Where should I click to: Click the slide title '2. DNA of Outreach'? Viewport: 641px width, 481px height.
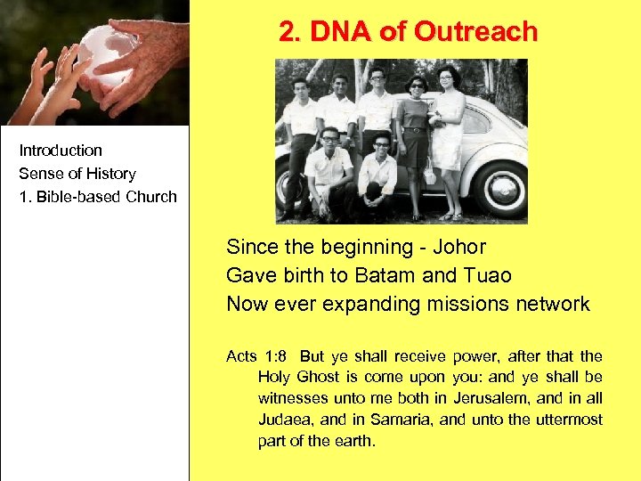408,32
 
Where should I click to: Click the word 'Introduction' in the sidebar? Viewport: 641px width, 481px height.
61,151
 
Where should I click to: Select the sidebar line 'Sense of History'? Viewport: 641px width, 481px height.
77,174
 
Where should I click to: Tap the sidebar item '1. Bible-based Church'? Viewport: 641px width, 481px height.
98,197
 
